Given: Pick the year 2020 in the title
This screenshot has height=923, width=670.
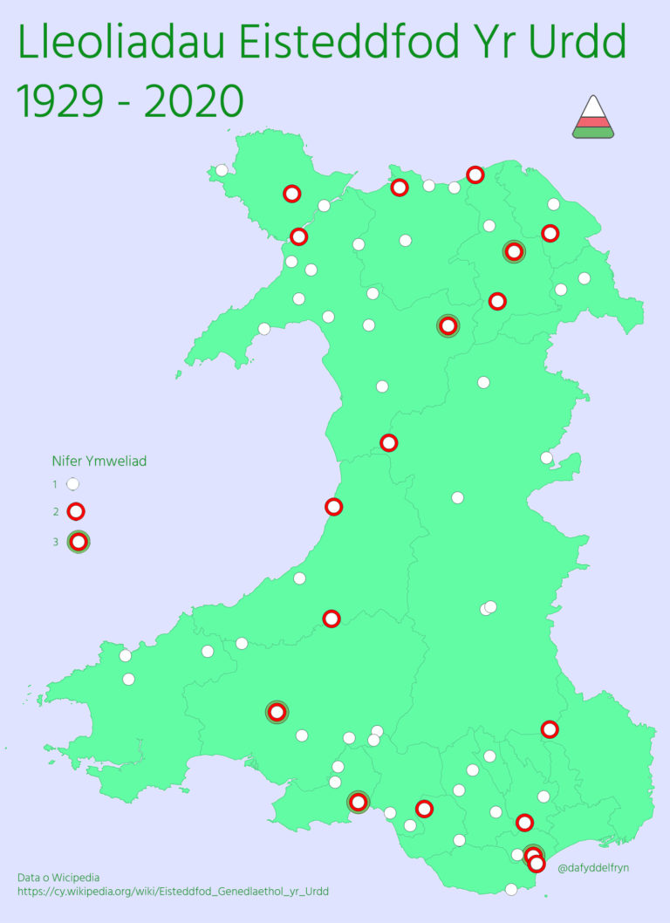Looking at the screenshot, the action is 193,102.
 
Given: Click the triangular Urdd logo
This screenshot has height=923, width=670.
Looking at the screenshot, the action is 593,117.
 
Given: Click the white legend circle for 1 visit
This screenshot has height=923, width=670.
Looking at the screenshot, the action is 73,483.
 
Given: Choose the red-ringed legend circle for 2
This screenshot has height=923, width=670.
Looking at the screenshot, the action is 76,511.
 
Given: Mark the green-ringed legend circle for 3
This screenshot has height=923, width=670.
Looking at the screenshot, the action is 79,542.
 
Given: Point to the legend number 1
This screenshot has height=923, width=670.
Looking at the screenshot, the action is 55,483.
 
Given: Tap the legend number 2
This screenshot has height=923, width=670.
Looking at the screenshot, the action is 55,511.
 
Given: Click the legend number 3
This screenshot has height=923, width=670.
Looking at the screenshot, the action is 55,542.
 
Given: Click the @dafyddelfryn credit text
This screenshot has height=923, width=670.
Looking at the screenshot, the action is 593,867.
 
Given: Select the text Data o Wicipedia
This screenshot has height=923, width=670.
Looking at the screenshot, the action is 58,877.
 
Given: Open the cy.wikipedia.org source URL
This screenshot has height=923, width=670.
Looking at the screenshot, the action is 173,892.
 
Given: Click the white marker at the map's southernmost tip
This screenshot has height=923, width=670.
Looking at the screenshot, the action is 511,890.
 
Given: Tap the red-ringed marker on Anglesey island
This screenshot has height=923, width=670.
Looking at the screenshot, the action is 292,193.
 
